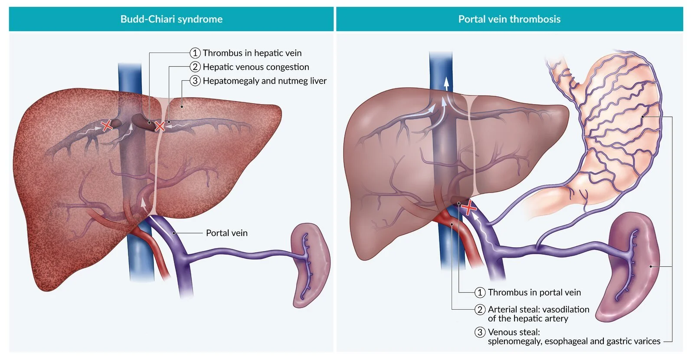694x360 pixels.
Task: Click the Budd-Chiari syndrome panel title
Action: tap(171, 19)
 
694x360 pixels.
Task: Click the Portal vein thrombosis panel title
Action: tap(509, 19)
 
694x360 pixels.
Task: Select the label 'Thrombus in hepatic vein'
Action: tap(252, 53)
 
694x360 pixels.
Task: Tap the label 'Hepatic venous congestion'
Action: tap(256, 67)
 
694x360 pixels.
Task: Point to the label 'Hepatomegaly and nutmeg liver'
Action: tap(265, 81)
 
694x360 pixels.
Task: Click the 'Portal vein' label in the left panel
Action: tap(226, 233)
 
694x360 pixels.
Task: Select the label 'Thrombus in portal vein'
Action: tap(534, 292)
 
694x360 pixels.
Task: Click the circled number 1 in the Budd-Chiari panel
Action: tap(195, 53)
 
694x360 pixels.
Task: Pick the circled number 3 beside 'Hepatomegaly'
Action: tap(195, 81)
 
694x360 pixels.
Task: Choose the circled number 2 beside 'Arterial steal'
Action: tap(480, 309)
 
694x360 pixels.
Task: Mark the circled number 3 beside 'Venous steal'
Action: tap(480, 332)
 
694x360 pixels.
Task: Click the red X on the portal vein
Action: tap(469, 208)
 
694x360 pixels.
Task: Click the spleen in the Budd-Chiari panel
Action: tap(310, 265)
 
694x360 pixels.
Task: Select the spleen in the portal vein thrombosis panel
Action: tap(633, 265)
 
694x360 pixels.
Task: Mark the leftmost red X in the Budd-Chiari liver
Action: tap(107, 126)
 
